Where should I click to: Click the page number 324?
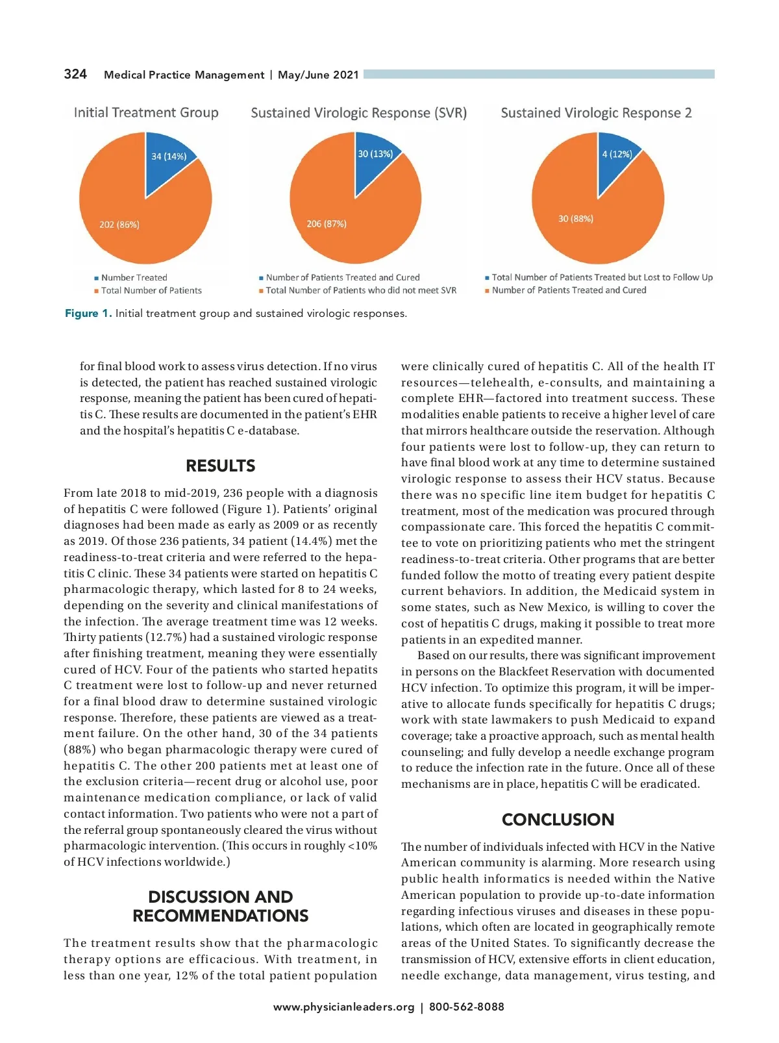(75, 74)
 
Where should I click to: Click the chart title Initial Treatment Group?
(146, 112)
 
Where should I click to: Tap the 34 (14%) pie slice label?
(169, 157)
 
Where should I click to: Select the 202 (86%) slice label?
(119, 225)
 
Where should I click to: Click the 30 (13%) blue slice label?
(375, 154)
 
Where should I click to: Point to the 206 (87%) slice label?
(327, 224)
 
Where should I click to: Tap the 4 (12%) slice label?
(617, 154)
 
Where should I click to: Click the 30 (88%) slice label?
(576, 219)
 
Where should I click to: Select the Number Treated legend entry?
(134, 277)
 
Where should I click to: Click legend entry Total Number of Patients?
(151, 290)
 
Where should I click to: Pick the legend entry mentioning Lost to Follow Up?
(602, 277)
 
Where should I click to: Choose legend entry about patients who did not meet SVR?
(361, 290)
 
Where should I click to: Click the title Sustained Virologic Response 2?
(596, 113)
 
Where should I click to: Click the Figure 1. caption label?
(88, 314)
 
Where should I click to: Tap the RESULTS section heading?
(221, 466)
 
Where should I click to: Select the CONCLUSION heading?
(558, 820)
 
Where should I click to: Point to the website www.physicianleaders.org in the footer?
(343, 1007)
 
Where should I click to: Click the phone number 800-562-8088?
(466, 1007)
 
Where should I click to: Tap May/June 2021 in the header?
(318, 75)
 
